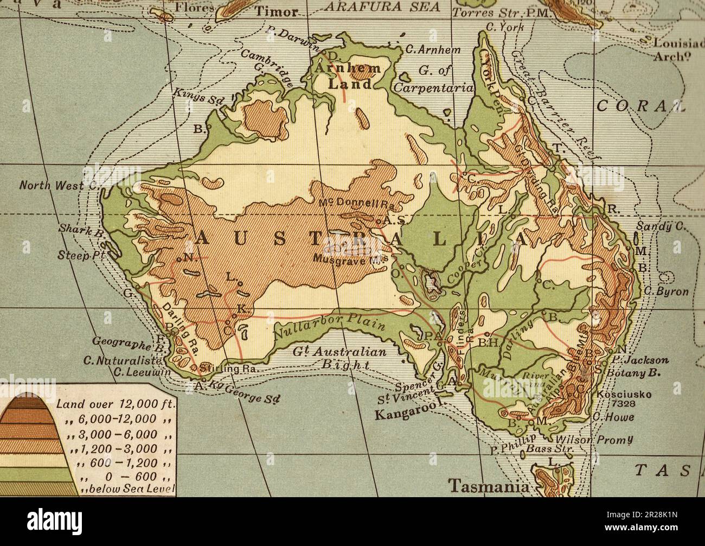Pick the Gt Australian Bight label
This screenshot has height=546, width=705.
click(339, 358)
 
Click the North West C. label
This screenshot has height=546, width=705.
click(59, 185)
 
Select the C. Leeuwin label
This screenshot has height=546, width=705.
click(142, 373)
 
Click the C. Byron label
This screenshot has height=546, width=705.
click(666, 291)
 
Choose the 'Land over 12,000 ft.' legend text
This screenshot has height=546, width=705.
click(116, 404)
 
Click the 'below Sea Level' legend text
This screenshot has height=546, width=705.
click(128, 490)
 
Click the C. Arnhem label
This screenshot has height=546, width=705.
click(433, 49)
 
